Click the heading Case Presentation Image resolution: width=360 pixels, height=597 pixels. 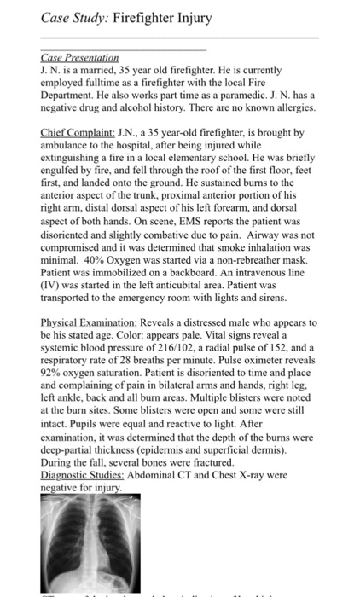(x=79, y=56)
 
